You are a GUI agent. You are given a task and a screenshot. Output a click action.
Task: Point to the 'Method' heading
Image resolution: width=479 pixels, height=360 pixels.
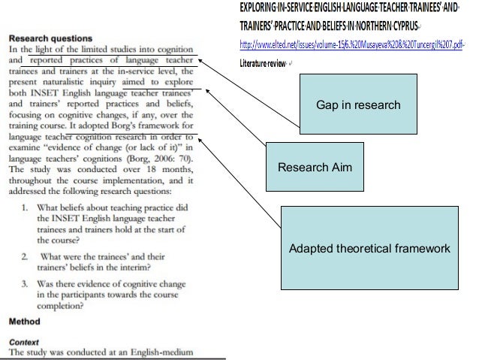point(23,320)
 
